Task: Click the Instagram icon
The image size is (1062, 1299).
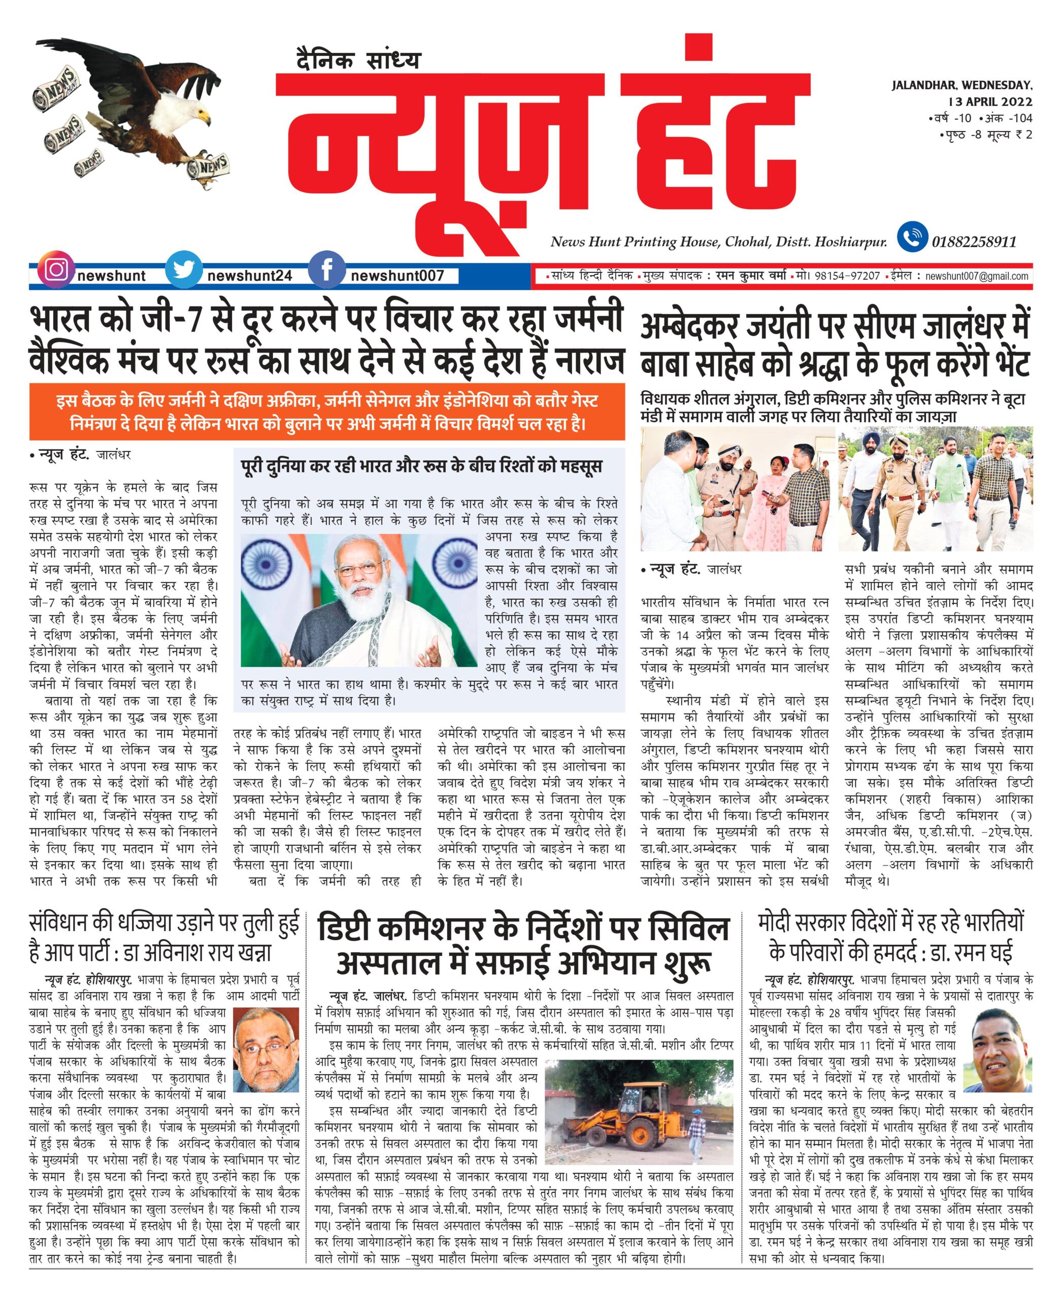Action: click(56, 270)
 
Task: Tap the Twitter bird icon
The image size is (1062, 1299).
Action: click(184, 270)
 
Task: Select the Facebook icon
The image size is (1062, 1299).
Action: click(327, 270)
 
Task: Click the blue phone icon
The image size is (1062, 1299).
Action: click(912, 238)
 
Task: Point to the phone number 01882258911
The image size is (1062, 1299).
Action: click(974, 242)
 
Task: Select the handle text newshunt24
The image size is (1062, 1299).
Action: click(250, 277)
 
